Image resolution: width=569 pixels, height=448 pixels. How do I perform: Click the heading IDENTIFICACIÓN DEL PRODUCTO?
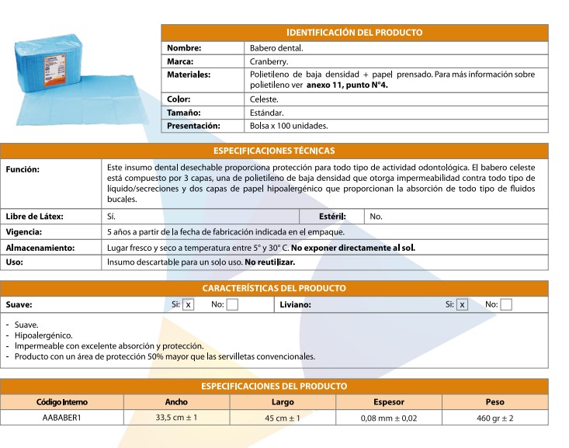point(354,33)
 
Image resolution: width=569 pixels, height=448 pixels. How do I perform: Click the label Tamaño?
point(184,113)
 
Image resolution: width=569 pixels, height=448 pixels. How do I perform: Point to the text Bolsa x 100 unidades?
point(289,125)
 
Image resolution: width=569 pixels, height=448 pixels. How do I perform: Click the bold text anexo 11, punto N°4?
point(347,85)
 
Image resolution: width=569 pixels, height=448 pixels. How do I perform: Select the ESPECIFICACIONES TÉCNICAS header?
point(274,151)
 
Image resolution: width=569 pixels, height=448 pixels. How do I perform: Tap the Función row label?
point(23,168)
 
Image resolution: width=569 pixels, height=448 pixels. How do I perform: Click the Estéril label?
point(332,217)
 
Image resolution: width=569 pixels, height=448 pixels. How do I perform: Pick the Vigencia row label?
point(24,232)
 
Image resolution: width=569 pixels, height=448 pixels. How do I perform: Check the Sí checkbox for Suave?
point(189,305)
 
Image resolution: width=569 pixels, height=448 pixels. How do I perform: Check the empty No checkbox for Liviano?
point(506,305)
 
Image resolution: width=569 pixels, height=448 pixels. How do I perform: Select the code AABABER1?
point(62,418)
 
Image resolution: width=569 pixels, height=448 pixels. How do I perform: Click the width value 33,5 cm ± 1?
point(176,418)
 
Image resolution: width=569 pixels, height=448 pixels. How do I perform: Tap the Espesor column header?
point(388,402)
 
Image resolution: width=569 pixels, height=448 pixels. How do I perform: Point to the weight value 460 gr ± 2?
point(494,418)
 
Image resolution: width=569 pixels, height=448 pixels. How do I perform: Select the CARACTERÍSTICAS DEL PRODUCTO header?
point(274,288)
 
